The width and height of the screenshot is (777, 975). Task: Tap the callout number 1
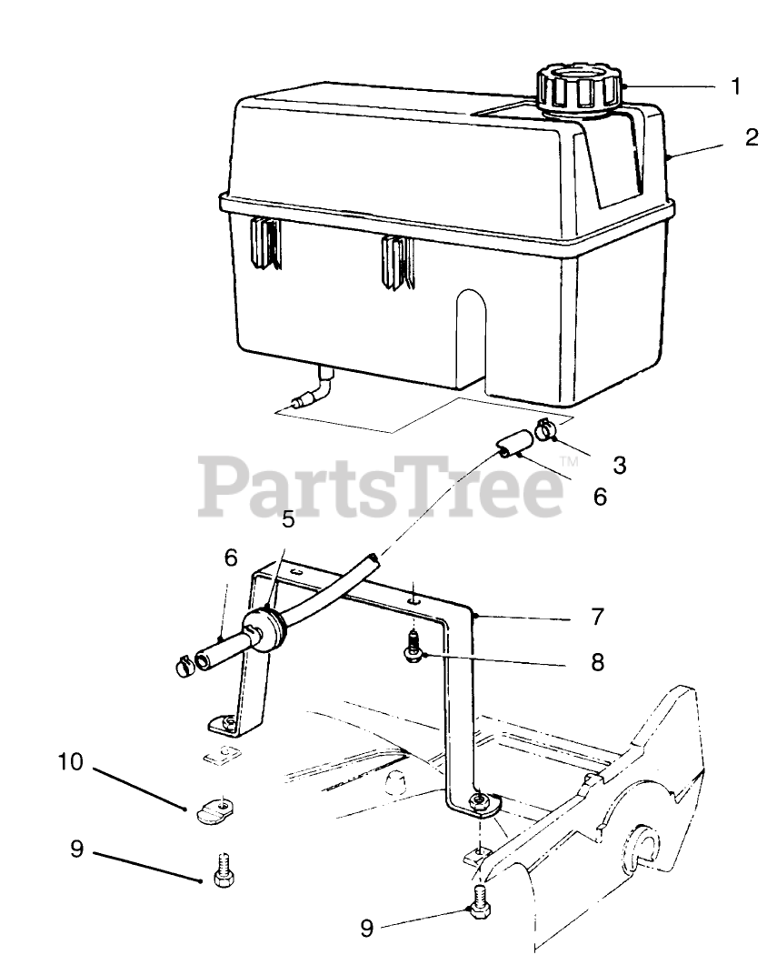736,87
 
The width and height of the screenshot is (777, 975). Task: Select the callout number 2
751,138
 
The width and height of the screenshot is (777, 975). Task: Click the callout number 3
620,465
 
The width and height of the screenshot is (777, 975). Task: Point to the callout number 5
288,519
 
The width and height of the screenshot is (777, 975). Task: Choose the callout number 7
597,617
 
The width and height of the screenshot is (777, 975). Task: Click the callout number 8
597,662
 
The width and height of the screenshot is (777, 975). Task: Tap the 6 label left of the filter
231,558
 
